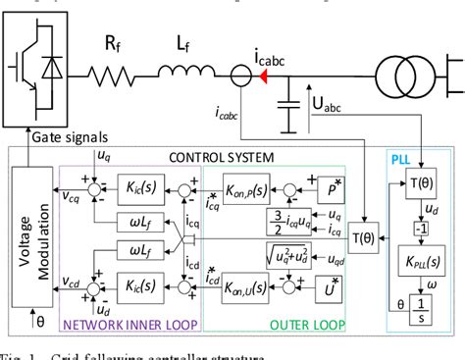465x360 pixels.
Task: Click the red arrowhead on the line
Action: point(265,72)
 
